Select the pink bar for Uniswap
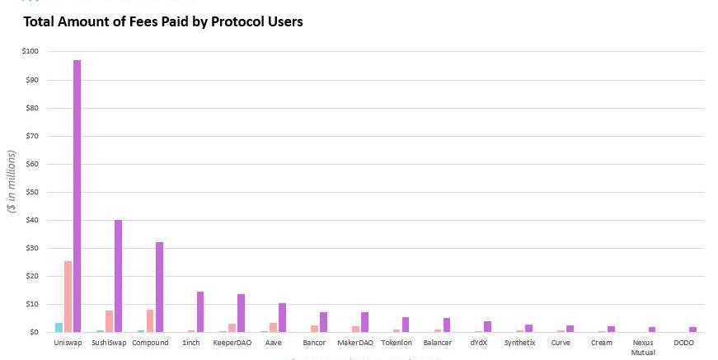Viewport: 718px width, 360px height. click(x=68, y=297)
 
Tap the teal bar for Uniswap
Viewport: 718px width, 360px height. click(x=59, y=327)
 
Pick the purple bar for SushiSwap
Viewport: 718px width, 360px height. click(x=118, y=276)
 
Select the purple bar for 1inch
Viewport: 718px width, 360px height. click(x=200, y=311)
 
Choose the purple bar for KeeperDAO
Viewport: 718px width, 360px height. click(x=242, y=313)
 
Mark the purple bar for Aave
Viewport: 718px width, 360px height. click(x=283, y=317)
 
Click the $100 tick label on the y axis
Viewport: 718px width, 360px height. click(x=30, y=52)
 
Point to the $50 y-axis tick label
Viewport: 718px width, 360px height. click(x=31, y=192)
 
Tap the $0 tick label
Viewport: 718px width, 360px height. click(x=34, y=332)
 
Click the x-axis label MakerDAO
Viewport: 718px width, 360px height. click(x=355, y=343)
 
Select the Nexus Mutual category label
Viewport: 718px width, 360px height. click(x=643, y=347)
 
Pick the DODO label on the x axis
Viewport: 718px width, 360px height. click(x=684, y=343)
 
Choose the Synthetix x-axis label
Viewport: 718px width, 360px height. click(x=519, y=343)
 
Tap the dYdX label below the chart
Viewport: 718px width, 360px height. click(x=481, y=343)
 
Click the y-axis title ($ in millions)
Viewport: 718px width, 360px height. click(x=12, y=181)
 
